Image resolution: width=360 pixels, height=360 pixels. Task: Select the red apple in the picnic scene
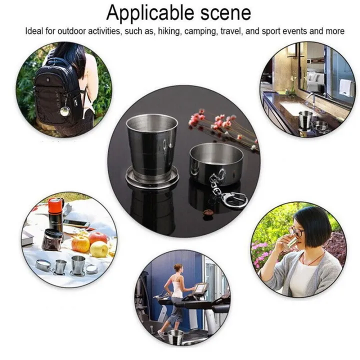click(x=98, y=239)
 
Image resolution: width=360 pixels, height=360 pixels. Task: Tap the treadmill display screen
click(x=200, y=289)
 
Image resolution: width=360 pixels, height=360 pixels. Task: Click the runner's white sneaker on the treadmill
click(x=161, y=333)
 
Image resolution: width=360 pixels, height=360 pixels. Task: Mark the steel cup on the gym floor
click(x=175, y=338)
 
